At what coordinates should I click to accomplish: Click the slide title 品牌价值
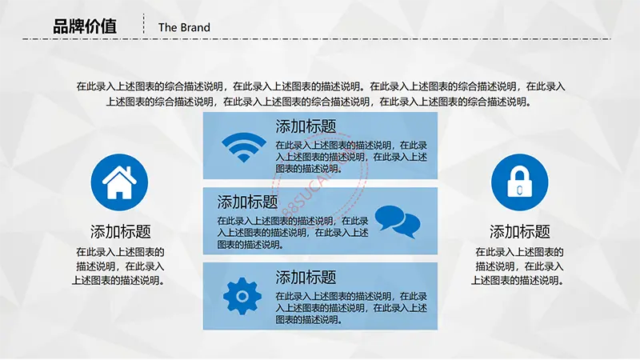pos(85,26)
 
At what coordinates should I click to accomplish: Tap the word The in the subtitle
pos(166,27)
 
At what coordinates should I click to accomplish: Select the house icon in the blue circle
pos(119,182)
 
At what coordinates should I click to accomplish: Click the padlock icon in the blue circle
pos(519,182)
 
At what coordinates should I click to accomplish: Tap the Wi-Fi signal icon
pos(244,147)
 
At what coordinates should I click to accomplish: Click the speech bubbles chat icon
pos(398,222)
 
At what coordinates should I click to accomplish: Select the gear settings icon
pos(242,296)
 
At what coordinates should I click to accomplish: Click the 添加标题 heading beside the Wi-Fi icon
pos(306,126)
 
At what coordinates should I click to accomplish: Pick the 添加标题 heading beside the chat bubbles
pos(247,202)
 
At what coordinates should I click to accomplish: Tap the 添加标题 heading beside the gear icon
pos(306,277)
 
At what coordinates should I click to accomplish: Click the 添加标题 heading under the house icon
pos(121,231)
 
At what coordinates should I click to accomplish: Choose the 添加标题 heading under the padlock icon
pos(519,231)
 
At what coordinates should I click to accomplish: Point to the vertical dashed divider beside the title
pos(144,24)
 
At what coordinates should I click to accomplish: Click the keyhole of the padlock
pos(519,190)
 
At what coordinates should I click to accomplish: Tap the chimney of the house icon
pos(129,170)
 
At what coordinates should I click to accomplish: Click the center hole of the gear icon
pos(242,296)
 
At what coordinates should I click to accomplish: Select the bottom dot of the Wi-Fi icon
pos(244,158)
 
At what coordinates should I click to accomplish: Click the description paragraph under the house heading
pos(118,266)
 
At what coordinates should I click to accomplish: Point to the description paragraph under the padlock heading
pos(518,266)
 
